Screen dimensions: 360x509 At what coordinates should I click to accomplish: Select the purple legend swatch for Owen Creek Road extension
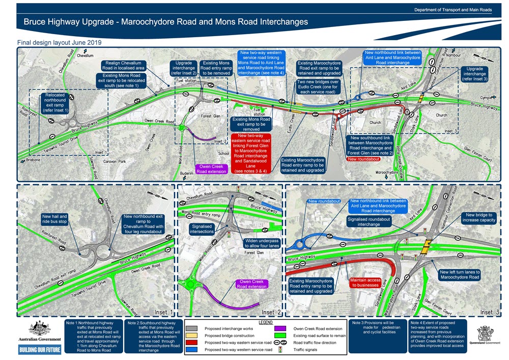pyautogui.click(x=282, y=329)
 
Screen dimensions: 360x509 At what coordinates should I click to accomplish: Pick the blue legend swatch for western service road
pyautogui.click(x=191, y=350)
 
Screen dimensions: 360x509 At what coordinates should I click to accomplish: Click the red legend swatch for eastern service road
pyautogui.click(x=191, y=343)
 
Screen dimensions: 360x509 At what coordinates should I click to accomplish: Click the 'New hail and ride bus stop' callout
pyautogui.click(x=56, y=219)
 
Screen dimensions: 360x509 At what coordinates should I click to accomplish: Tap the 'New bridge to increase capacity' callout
pyautogui.click(x=476, y=218)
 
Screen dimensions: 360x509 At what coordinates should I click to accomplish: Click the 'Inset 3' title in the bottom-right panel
pyautogui.click(x=487, y=312)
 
